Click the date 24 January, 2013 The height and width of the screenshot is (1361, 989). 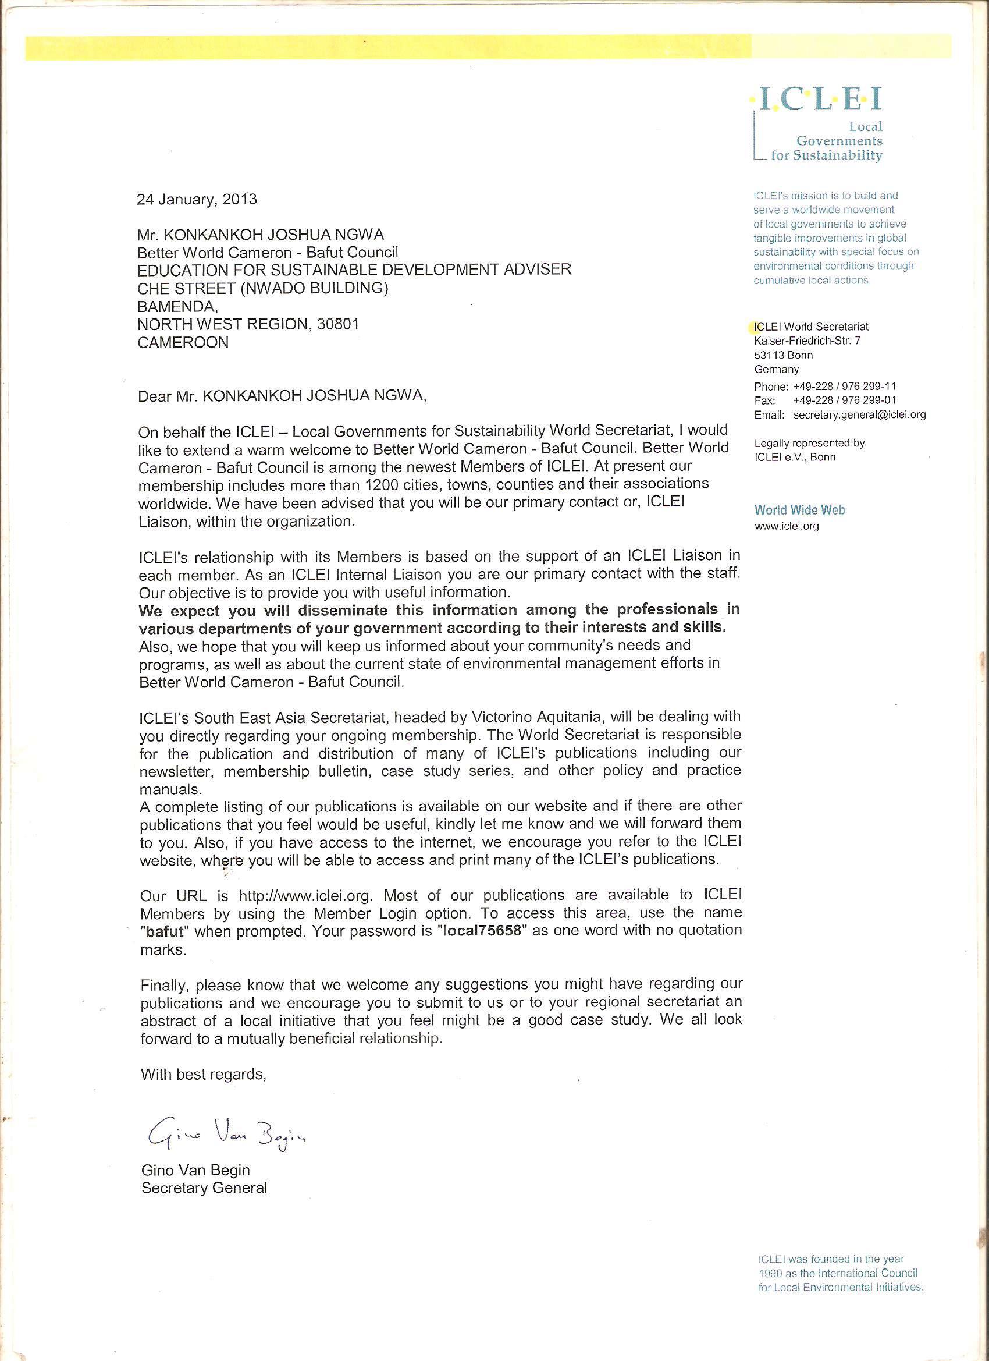pos(197,199)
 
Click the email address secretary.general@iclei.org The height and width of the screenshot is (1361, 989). pos(859,414)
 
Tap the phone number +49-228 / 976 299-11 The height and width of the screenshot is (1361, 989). pos(845,386)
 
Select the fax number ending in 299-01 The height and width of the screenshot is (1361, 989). pos(845,400)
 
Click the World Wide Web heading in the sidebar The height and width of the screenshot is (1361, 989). pos(799,510)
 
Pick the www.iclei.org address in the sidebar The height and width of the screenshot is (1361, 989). pos(787,526)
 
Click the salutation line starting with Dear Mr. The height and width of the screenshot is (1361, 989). pos(282,396)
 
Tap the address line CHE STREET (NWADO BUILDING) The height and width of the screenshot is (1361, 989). pos(263,289)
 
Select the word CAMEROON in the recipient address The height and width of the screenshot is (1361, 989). pos(183,343)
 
